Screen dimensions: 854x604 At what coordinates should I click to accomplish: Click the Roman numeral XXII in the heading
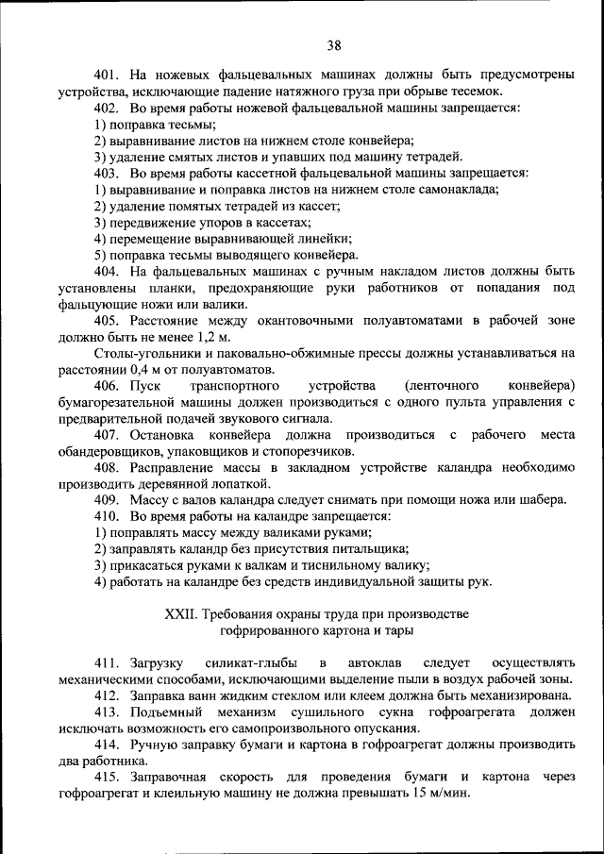181,613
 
